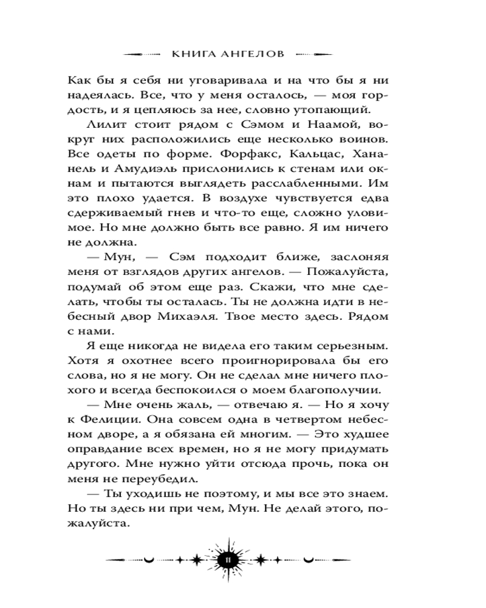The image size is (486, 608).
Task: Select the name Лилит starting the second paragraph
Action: point(104,125)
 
